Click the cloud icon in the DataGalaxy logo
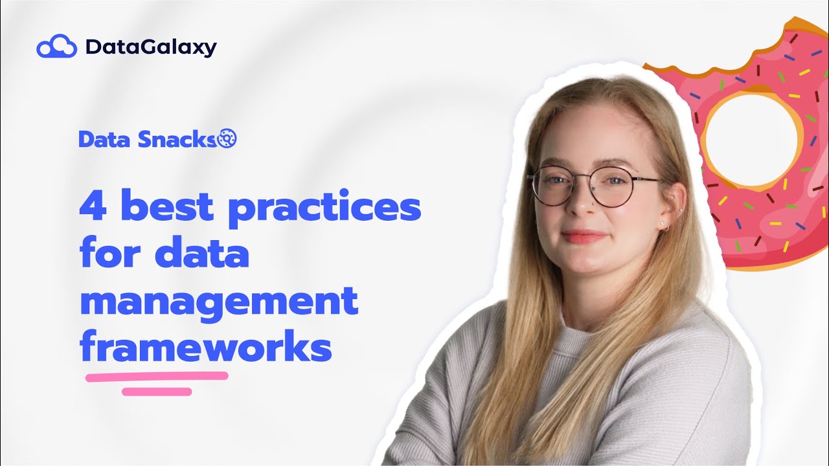(57, 47)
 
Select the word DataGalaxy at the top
(151, 47)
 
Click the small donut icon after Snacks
(228, 138)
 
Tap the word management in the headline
(219, 303)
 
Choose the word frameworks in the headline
(206, 348)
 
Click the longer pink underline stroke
(157, 376)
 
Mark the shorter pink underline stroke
(157, 391)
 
